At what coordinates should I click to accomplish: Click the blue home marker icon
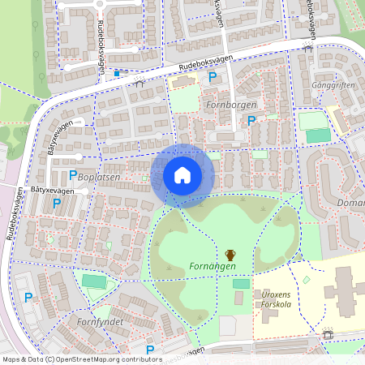click(182, 175)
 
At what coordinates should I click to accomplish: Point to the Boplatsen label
click(100, 176)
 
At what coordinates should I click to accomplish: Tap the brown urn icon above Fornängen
click(230, 255)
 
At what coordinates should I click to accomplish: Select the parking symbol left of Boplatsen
click(73, 174)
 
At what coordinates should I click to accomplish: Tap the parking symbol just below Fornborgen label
click(251, 120)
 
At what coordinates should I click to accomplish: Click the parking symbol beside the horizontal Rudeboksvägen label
click(213, 77)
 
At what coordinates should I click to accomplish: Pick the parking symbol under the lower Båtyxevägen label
click(57, 204)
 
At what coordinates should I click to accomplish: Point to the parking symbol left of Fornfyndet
click(28, 298)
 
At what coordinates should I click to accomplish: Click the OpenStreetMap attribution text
click(71, 359)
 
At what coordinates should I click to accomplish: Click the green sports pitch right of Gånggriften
click(318, 135)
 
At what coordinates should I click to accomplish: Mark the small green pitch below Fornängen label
click(241, 283)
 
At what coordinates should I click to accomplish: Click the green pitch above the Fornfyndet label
click(94, 281)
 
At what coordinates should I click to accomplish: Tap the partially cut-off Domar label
click(350, 202)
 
